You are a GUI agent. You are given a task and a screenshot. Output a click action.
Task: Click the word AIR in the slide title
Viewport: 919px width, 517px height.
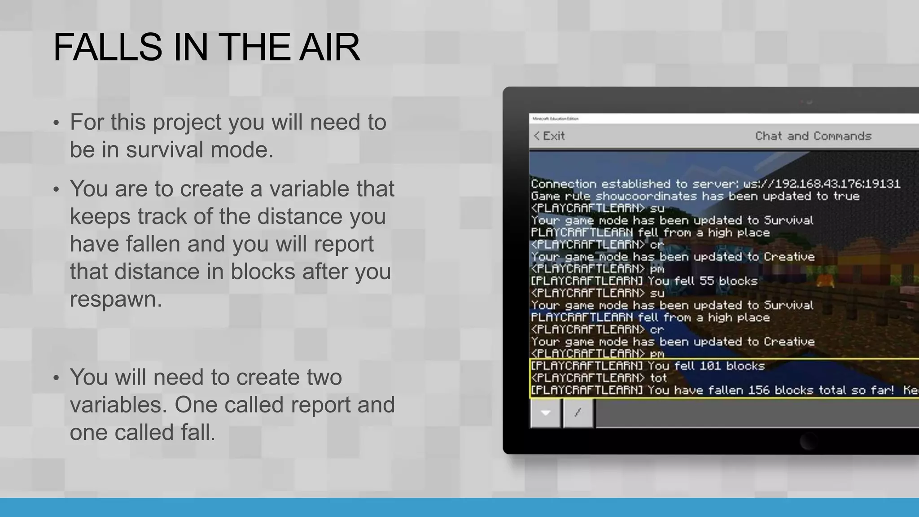[x=329, y=47]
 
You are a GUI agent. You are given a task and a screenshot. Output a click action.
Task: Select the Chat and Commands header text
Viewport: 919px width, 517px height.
[x=813, y=136]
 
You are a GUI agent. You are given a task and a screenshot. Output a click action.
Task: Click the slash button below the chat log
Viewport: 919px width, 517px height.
[x=578, y=412]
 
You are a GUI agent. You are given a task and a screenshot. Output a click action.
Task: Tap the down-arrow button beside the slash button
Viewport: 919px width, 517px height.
[x=546, y=412]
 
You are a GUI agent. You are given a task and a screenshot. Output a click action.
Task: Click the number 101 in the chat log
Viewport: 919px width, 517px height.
[x=710, y=366]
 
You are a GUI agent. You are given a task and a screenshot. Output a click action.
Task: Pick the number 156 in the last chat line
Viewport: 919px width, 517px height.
[x=758, y=390]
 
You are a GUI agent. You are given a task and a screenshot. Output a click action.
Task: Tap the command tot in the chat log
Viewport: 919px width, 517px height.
[x=658, y=378]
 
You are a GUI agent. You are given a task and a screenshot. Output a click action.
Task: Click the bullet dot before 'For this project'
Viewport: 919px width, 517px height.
[x=56, y=123]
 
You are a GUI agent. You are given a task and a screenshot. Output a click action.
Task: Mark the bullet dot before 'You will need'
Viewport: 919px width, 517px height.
[x=56, y=378]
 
